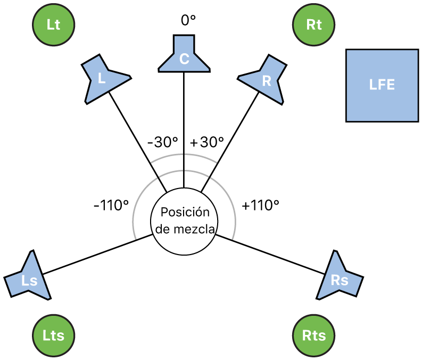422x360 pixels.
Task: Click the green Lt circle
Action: pyautogui.click(x=53, y=25)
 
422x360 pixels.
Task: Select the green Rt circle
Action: pyautogui.click(x=315, y=25)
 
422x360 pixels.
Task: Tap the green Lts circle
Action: pyautogui.click(x=53, y=335)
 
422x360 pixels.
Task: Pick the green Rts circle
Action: pyautogui.click(x=315, y=335)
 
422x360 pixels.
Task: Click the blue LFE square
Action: pyautogui.click(x=382, y=85)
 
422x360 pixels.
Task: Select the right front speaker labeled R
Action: pyautogui.click(x=266, y=79)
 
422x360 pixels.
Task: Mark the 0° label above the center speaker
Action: pyautogui.click(x=188, y=20)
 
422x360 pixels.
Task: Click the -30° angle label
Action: pyautogui.click(x=162, y=142)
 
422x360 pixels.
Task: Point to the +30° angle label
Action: pyautogui.click(x=206, y=142)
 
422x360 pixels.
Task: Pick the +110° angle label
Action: pyautogui.click(x=261, y=205)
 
